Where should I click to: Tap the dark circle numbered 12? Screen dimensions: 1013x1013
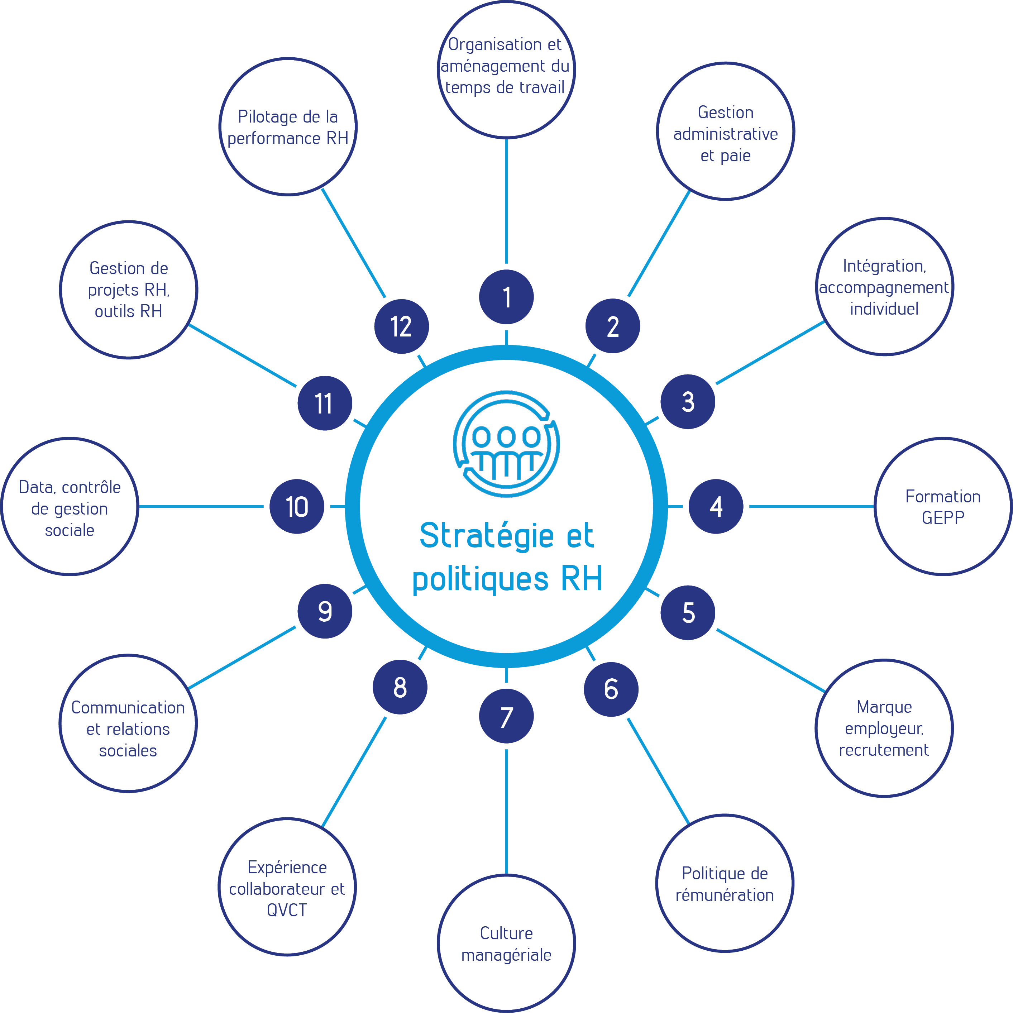click(x=402, y=326)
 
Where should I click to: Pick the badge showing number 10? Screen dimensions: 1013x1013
click(x=297, y=507)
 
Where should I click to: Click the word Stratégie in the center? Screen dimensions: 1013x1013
click(x=487, y=536)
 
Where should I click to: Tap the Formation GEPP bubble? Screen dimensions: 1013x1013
click(x=943, y=507)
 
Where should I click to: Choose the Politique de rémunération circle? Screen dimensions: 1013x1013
click(x=725, y=884)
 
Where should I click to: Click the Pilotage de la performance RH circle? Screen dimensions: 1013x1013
click(x=288, y=127)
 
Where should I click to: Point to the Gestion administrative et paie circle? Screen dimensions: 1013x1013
click(x=725, y=131)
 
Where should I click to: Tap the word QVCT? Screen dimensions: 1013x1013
click(x=287, y=910)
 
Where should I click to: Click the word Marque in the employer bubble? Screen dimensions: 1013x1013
click(x=884, y=707)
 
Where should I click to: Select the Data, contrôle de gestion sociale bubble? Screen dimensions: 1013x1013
click(x=70, y=507)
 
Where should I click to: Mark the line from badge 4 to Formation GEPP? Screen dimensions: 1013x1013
click(x=812, y=507)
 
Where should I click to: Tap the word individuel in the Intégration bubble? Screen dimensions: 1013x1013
click(x=884, y=309)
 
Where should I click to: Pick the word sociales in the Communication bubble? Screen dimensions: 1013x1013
click(x=128, y=751)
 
